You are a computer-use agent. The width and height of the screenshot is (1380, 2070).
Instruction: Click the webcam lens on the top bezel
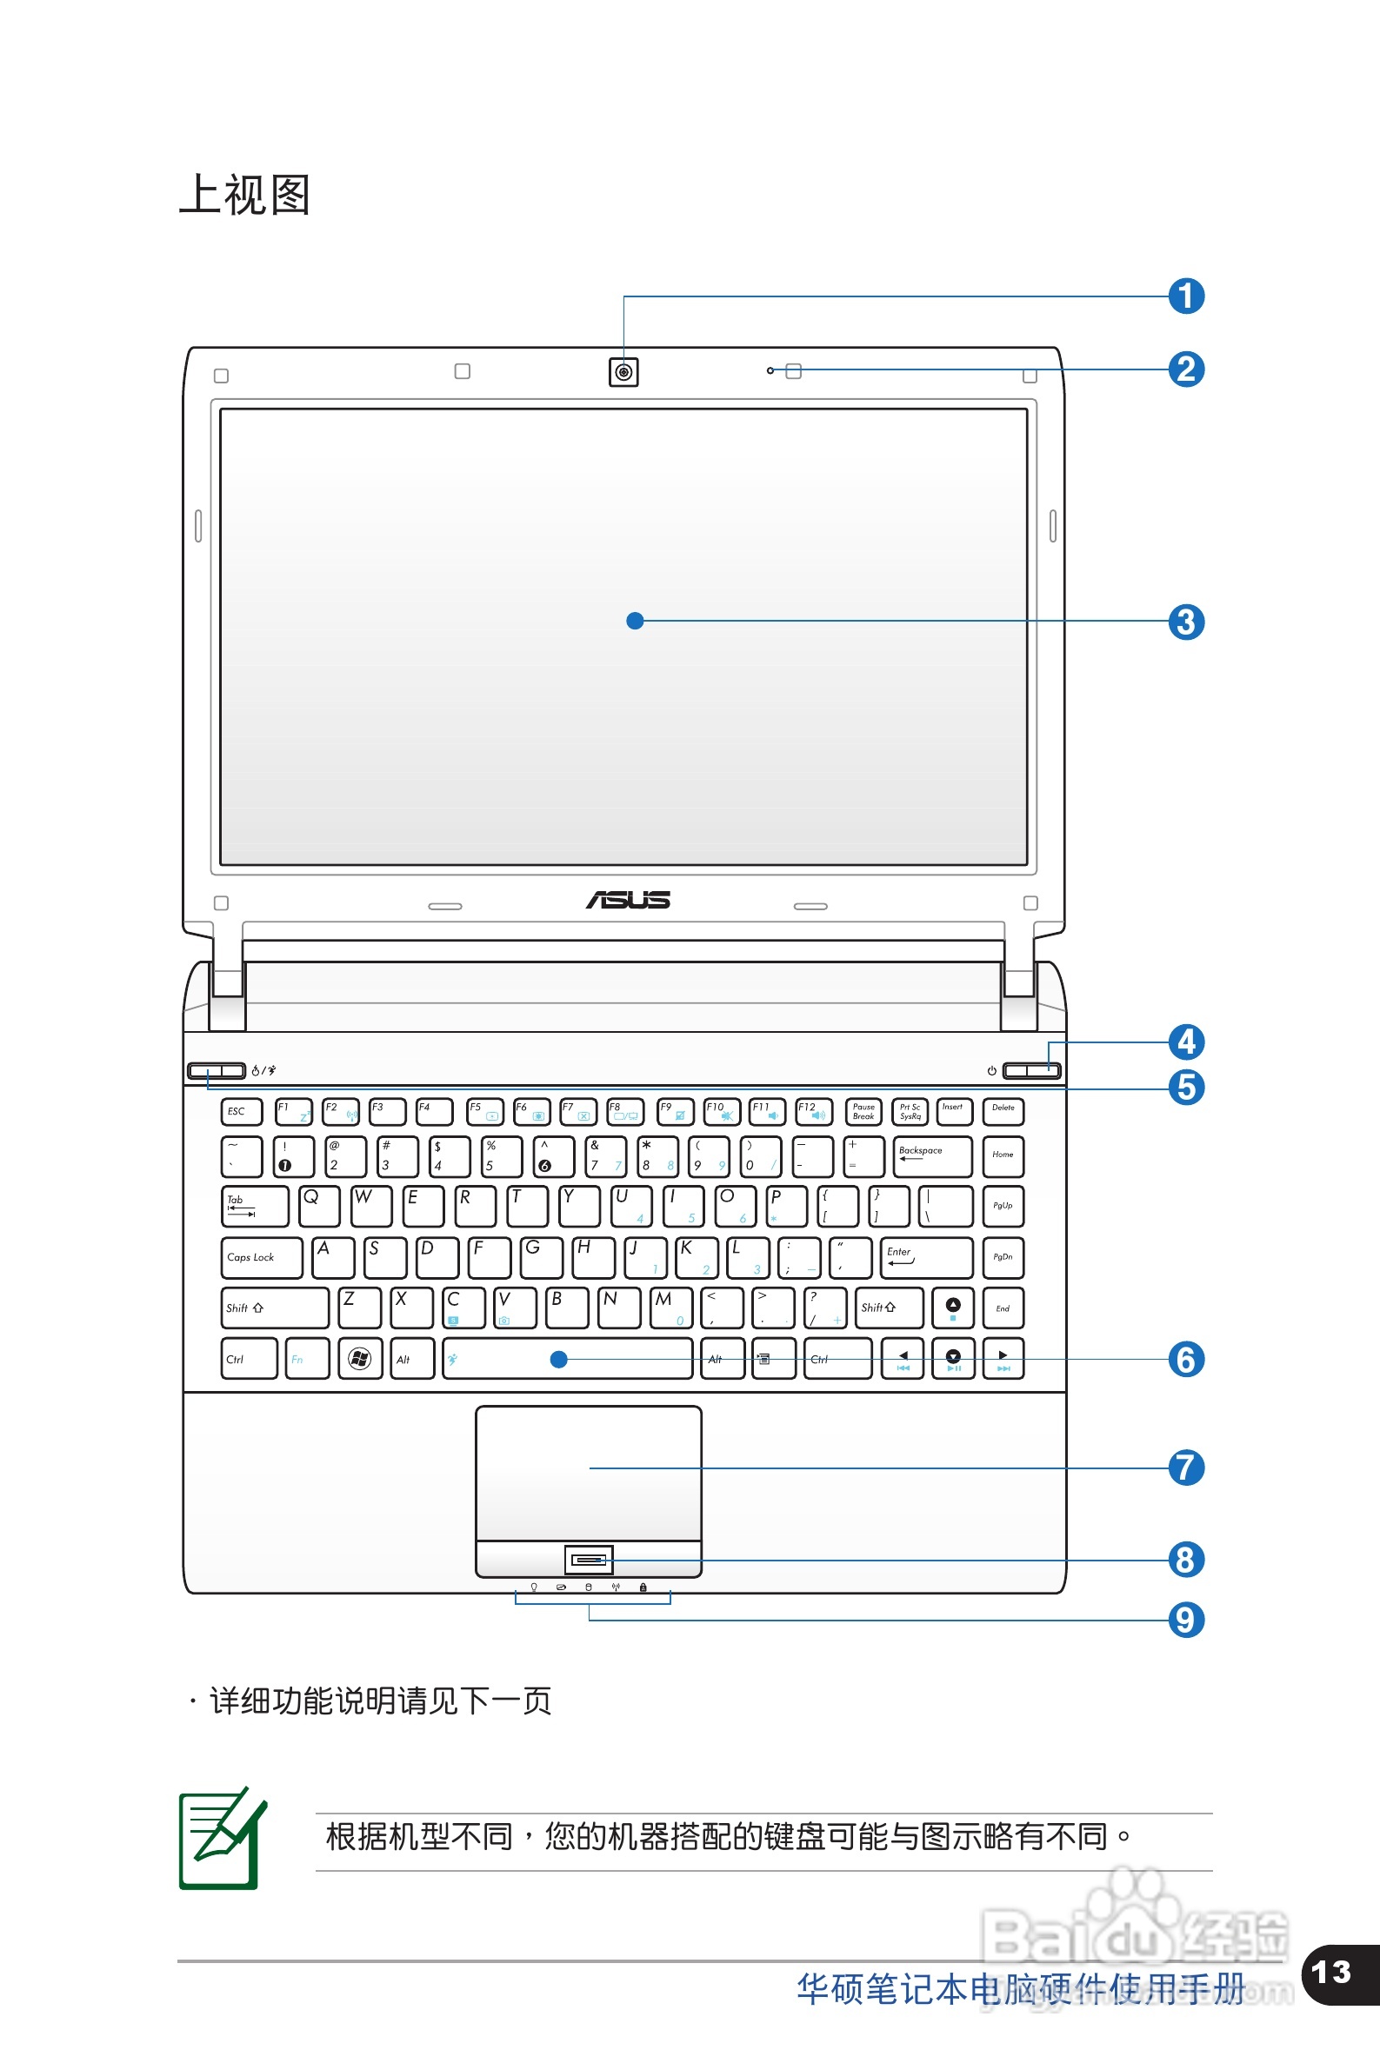coord(623,372)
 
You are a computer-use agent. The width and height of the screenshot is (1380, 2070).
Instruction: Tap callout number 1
coord(1185,296)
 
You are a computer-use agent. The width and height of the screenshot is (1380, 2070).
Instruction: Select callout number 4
coord(1185,1042)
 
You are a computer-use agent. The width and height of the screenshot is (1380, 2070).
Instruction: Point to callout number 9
coord(1185,1620)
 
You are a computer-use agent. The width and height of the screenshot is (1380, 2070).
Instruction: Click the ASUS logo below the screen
coord(629,900)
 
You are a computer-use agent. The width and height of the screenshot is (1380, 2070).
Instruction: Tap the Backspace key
coord(932,1156)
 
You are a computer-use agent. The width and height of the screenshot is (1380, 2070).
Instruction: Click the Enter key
coord(926,1257)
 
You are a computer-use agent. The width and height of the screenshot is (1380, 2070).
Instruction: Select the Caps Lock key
coord(262,1257)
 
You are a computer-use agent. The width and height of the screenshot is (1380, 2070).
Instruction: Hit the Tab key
coord(255,1206)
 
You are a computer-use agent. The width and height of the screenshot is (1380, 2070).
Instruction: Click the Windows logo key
coord(360,1359)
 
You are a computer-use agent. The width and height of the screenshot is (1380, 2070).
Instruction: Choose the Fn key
coord(307,1359)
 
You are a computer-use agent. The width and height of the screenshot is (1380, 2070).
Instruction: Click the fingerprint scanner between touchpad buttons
coord(589,1561)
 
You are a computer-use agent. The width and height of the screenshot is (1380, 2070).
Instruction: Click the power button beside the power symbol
coord(1031,1070)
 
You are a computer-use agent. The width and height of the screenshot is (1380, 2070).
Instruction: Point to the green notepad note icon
coord(221,1839)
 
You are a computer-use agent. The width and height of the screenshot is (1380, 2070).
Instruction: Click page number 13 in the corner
coord(1330,1973)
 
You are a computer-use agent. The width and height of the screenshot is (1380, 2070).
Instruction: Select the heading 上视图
coord(244,195)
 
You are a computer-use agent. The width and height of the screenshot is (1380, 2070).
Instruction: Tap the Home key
coord(1003,1156)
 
